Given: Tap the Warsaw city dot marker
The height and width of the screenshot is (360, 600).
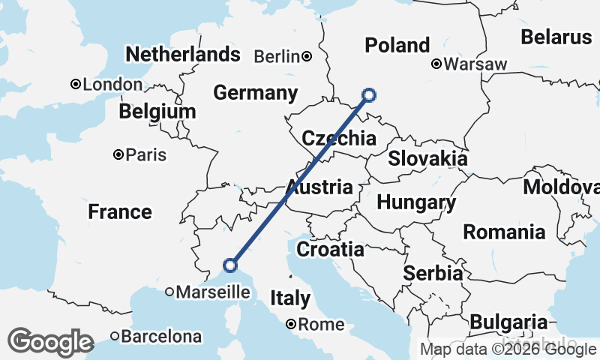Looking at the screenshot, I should [x=436, y=64].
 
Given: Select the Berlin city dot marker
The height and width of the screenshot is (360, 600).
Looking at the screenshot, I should [x=307, y=56].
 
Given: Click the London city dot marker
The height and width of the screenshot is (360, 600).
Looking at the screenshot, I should [x=75, y=85].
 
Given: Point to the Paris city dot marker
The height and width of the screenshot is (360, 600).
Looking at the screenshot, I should [x=118, y=155].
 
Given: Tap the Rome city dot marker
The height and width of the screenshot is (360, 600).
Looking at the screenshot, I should [x=291, y=325].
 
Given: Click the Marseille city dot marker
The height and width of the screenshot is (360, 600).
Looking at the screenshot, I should [x=169, y=292].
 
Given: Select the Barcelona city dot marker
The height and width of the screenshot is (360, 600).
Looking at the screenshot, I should [x=115, y=336].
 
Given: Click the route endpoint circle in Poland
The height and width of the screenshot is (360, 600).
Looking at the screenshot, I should [x=368, y=94].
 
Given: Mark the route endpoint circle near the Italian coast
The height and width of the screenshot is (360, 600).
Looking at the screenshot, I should [x=230, y=265].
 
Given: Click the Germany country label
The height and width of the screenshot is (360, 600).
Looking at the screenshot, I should [x=255, y=93].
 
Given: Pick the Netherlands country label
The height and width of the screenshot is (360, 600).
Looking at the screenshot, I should [x=183, y=54].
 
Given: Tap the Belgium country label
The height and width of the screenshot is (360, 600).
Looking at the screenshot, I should [x=157, y=112].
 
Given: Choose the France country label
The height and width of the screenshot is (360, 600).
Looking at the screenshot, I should [x=120, y=211].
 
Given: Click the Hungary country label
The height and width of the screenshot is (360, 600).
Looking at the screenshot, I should [x=416, y=202].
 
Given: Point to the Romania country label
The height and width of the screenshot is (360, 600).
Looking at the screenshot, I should [x=504, y=232].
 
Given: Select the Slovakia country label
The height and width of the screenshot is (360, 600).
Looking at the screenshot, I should [x=427, y=159].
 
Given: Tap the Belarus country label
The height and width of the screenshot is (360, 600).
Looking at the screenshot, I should [x=556, y=37].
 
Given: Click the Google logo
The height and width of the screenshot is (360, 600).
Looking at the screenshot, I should [x=50, y=342].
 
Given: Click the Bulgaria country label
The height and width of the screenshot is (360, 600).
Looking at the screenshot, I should [x=508, y=321].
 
